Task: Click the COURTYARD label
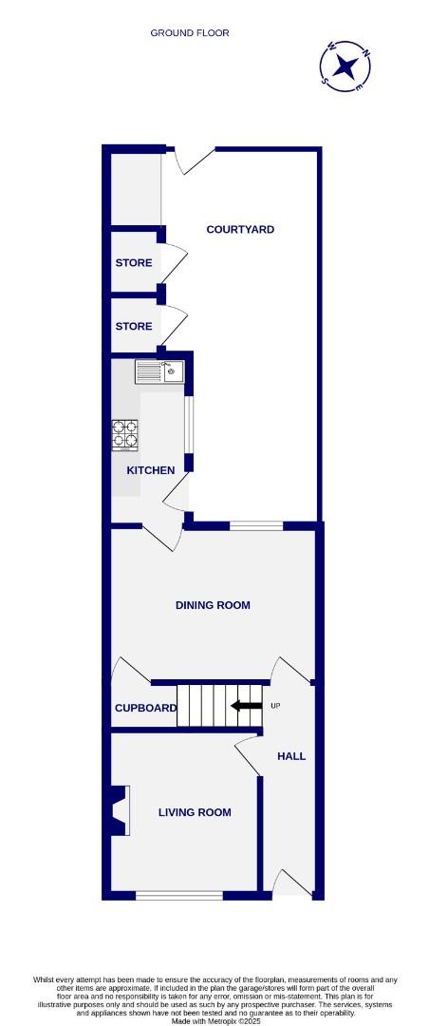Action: point(241,230)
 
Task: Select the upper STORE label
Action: point(134,263)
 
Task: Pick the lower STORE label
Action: point(134,327)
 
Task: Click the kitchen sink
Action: point(159,370)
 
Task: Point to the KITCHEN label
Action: point(151,470)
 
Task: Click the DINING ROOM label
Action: point(213,605)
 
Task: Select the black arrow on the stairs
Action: point(247,706)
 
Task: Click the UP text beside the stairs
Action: point(276,706)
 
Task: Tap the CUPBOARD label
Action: point(146,709)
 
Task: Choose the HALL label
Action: point(291,756)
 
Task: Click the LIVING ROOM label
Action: point(195,812)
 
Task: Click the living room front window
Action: point(179,895)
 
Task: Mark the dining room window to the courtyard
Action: point(256,525)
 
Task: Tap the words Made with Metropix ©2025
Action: point(217,1021)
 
